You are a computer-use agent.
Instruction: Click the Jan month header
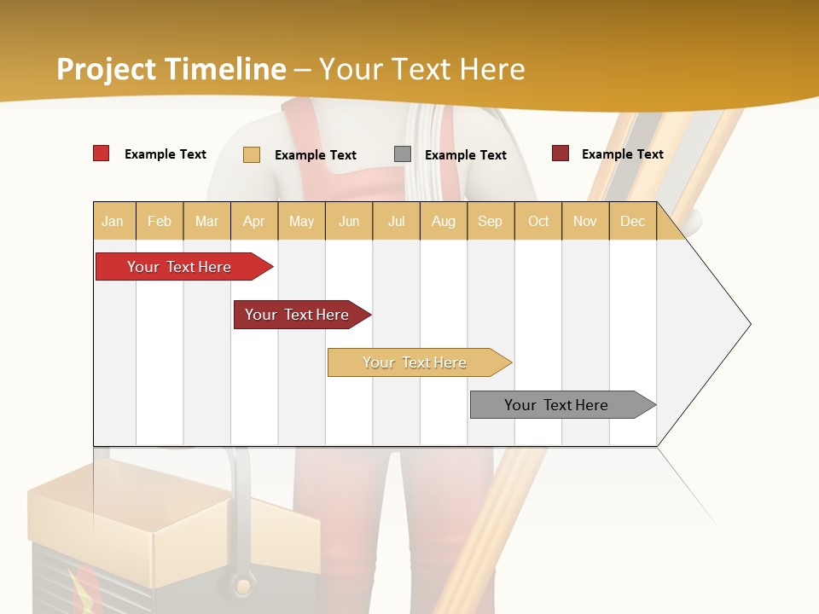[113, 221]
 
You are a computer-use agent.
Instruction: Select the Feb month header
[160, 221]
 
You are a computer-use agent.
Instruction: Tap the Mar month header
[206, 221]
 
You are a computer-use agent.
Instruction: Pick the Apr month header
[254, 221]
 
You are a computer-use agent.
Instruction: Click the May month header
[301, 221]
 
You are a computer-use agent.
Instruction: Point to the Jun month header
[349, 221]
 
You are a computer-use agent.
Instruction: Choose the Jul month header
[396, 221]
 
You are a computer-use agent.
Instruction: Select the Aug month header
[444, 221]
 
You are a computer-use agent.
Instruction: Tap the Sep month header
[491, 221]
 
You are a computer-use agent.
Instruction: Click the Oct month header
[538, 221]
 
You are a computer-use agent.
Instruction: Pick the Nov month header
[585, 221]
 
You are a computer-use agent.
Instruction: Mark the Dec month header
[633, 221]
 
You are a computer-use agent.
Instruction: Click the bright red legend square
[102, 153]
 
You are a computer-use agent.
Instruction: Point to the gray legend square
[403, 154]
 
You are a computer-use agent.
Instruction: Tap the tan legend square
[252, 154]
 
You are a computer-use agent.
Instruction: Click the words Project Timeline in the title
[171, 69]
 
